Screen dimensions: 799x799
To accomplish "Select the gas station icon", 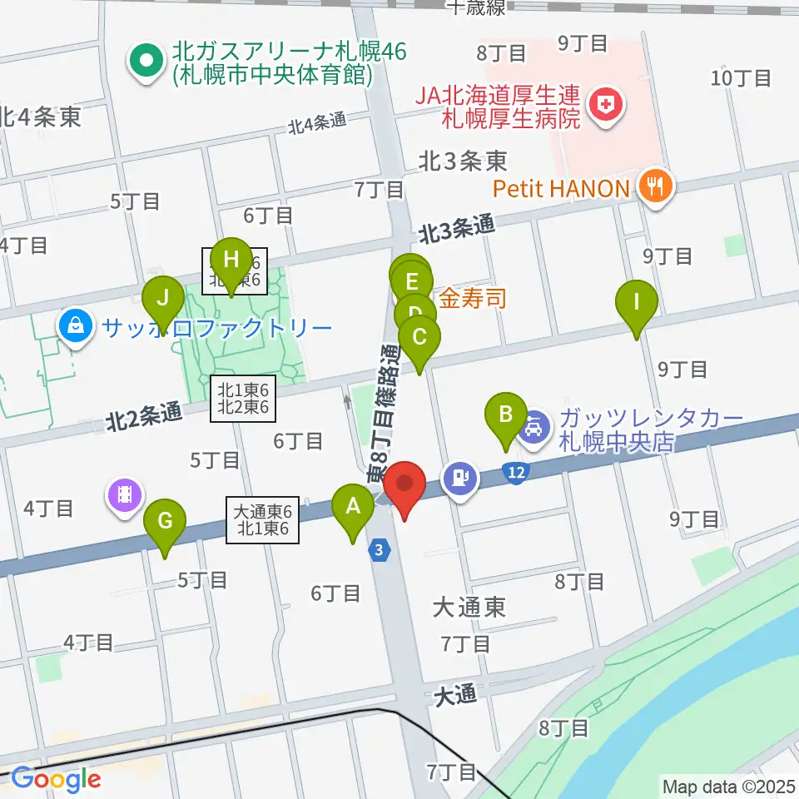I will coord(464,478).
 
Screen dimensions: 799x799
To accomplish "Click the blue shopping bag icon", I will coord(76,325).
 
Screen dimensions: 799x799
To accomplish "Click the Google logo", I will coord(55,779).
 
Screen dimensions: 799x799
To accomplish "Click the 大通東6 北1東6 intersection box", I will coord(261,520).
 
